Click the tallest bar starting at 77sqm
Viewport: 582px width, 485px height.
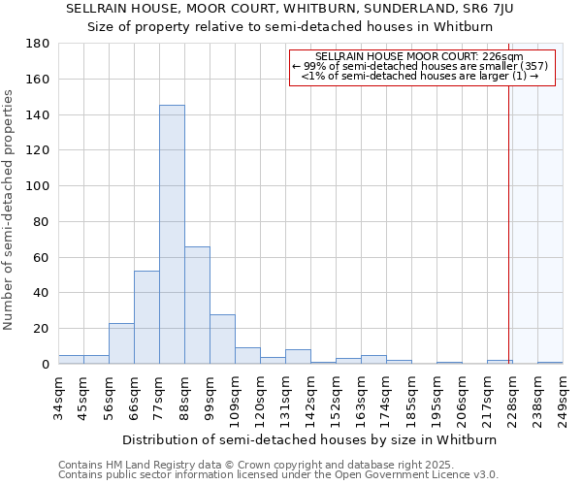(172, 234)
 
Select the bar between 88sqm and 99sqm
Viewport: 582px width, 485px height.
(197, 305)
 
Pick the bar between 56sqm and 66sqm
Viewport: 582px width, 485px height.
(121, 343)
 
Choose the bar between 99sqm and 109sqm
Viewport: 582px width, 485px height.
(222, 339)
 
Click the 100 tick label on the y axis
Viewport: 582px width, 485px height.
(38, 186)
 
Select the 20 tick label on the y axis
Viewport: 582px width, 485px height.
(42, 329)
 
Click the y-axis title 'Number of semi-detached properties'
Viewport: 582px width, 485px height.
(10, 210)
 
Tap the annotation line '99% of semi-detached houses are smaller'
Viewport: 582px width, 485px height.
(421, 66)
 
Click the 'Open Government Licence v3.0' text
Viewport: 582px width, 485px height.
(418, 475)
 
